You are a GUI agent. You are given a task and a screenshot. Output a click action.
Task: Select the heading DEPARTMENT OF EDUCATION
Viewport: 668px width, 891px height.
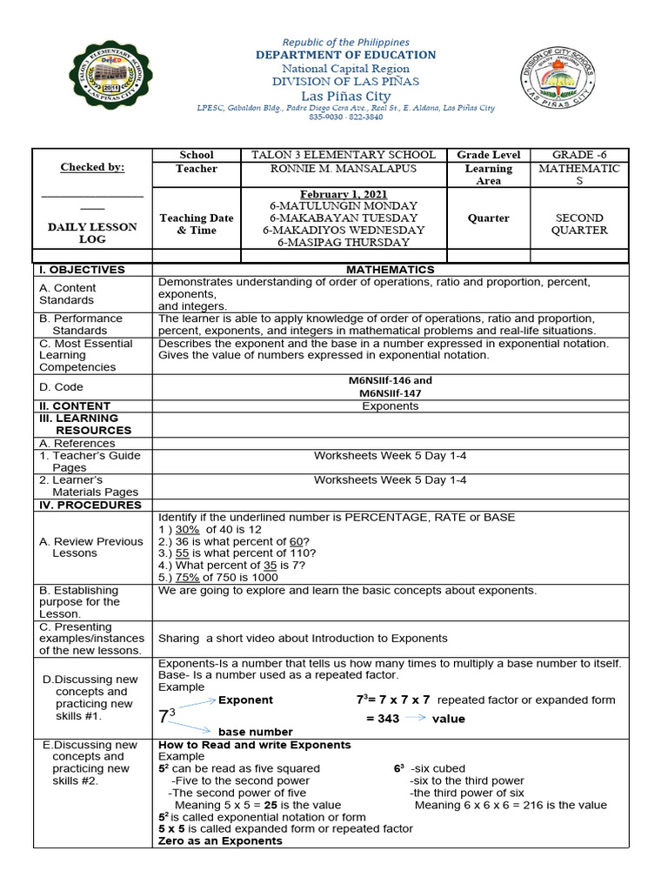[346, 55]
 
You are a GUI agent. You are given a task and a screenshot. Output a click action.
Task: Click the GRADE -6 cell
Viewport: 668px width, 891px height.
[578, 155]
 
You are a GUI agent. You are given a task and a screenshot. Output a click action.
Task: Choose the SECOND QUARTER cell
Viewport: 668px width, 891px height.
[580, 224]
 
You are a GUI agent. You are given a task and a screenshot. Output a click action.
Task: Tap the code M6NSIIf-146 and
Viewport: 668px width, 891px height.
[390, 380]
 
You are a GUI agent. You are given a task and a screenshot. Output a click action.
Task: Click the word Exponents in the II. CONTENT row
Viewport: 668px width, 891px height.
[390, 406]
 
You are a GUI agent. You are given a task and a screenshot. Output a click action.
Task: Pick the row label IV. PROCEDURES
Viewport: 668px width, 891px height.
[90, 505]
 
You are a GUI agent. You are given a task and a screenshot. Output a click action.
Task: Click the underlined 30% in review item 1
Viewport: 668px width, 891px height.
[188, 529]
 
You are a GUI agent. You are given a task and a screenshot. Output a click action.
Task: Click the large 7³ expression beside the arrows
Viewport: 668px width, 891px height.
[167, 716]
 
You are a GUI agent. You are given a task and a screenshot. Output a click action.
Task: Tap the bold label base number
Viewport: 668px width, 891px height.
[255, 732]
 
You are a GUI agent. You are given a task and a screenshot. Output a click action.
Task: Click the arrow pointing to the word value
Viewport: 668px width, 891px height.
[414, 718]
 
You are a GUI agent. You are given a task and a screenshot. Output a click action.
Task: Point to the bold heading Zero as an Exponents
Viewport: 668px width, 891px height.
[220, 841]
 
